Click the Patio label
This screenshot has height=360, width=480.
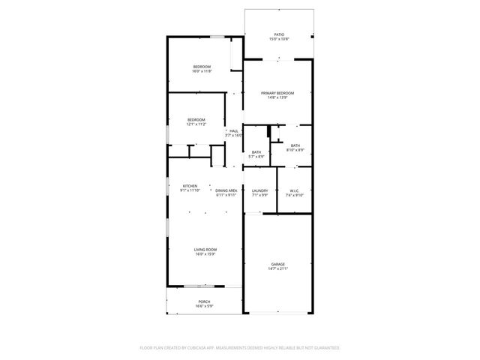279,34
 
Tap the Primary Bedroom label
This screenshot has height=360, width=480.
277,93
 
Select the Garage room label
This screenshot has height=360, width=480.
279,264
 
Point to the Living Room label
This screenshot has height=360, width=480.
205,249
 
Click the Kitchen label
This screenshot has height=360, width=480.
190,186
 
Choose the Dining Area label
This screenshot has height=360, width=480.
226,190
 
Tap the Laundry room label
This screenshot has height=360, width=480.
259,190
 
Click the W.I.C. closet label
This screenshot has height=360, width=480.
295,190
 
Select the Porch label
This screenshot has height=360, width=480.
204,301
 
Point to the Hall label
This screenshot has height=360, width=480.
234,130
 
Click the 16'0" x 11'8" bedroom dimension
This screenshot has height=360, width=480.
202,71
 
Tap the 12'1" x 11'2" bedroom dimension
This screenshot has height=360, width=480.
196,124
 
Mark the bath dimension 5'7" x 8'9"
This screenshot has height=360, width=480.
256,157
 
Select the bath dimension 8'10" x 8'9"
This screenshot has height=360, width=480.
295,150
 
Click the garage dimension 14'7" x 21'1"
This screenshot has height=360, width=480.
279,268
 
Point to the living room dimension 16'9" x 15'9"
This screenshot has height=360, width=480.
205,253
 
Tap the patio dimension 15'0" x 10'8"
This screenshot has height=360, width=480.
279,39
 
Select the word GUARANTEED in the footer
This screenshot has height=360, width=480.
324,348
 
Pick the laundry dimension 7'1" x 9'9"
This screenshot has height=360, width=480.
259,195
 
